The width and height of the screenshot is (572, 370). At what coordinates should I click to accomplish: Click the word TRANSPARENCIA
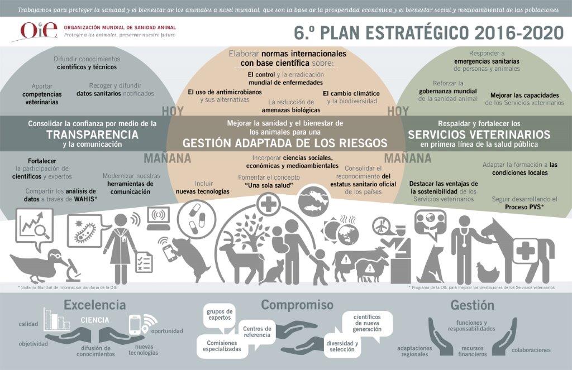tap(92, 134)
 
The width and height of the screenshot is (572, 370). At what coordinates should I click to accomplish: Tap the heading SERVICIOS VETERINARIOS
tap(479, 134)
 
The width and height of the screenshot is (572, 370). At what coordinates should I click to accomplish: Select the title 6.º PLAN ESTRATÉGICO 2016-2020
tap(429, 33)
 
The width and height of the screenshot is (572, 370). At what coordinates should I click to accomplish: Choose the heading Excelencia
tap(95, 305)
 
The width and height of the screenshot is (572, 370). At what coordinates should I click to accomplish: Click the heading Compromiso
tap(297, 305)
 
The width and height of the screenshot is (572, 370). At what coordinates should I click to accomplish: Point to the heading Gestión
tap(473, 305)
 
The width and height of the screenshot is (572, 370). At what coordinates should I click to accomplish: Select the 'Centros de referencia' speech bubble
tap(257, 331)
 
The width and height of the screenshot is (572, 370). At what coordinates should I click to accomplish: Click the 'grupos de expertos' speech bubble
tap(220, 315)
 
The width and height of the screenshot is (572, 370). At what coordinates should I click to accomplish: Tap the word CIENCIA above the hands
tap(95, 320)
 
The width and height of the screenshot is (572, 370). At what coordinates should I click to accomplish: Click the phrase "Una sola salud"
tap(269, 185)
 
